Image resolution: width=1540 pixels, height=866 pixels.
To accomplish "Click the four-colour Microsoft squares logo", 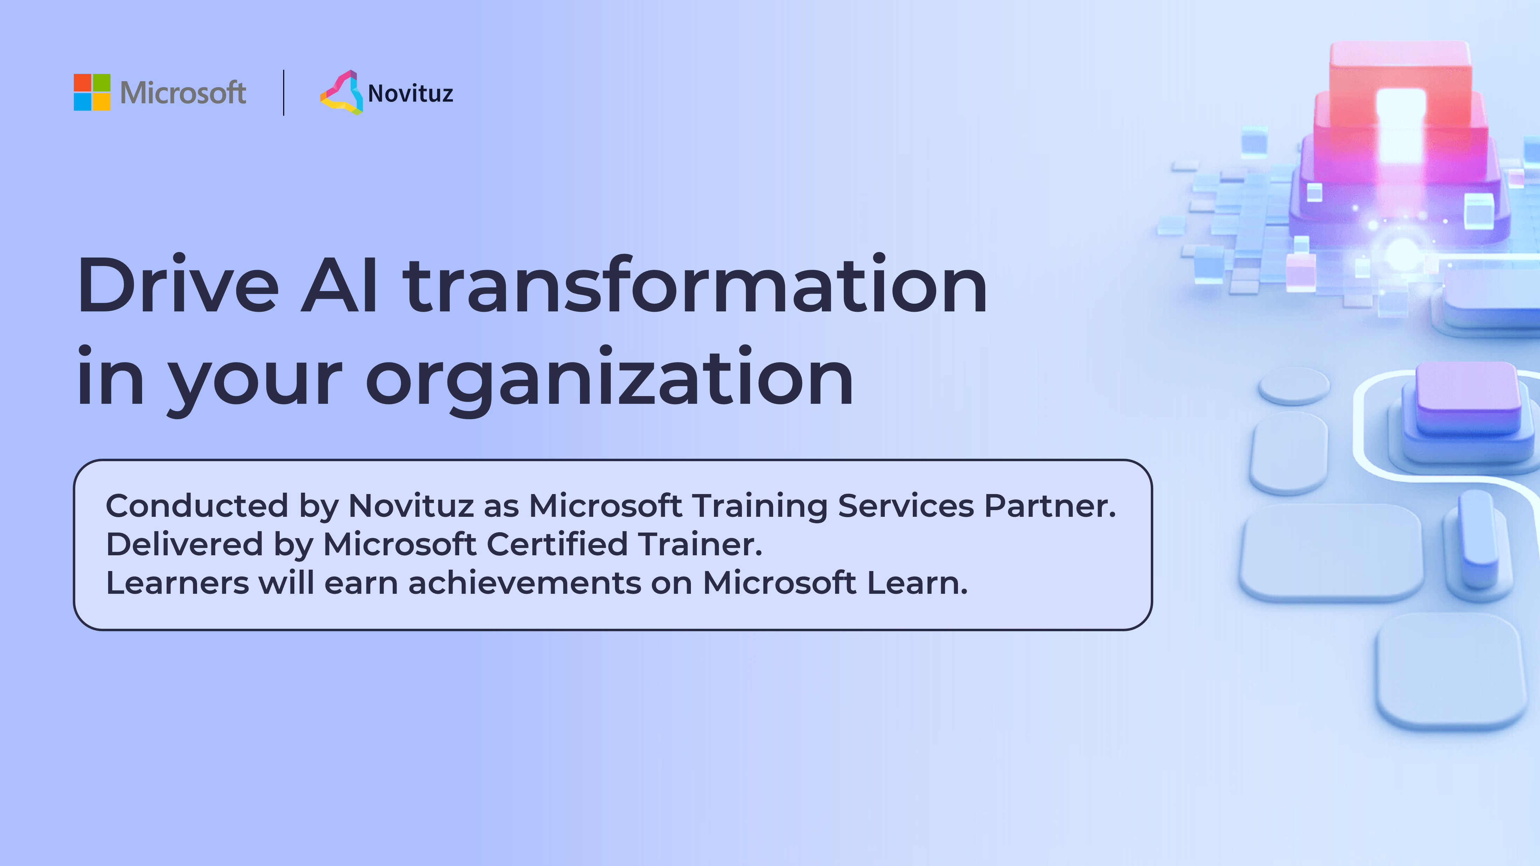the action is coord(92,92).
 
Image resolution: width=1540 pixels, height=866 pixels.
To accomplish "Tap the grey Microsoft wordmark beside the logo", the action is coord(183,93).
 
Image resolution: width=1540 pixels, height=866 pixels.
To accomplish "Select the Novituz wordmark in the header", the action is coord(410,94).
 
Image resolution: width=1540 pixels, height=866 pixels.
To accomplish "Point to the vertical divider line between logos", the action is coord(283,93).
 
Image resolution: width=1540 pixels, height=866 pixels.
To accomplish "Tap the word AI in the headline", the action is coord(339,285).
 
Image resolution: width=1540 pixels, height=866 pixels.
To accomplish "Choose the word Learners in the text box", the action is coord(177,583).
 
